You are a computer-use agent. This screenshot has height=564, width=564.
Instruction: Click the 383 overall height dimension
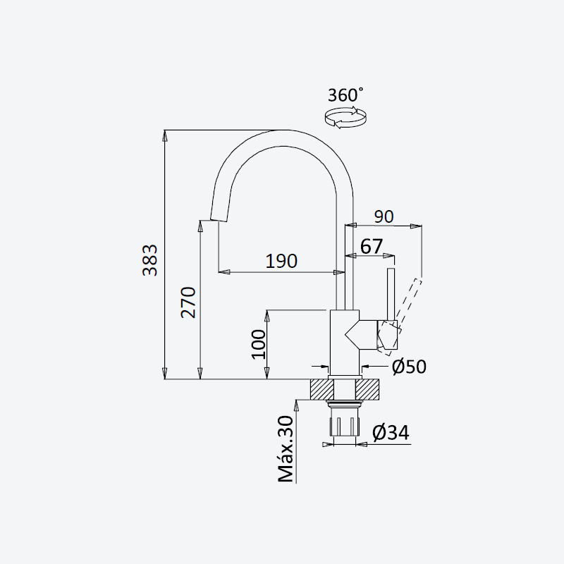150,260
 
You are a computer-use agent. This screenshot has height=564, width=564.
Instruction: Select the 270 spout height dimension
188,302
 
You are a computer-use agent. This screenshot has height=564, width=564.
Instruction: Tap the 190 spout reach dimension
281,261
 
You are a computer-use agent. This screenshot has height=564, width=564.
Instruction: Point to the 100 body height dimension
258,344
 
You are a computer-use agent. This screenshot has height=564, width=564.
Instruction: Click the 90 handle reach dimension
384,216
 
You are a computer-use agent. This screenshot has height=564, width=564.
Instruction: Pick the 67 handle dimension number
372,247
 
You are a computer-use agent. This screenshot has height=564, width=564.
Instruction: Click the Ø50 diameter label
409,367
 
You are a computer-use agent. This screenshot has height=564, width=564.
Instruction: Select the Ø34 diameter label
391,433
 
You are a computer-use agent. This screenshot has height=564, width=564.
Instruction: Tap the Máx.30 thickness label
286,449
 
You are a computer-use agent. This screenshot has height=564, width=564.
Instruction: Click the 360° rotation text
345,95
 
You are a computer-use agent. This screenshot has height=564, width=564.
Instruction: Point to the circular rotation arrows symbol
345,117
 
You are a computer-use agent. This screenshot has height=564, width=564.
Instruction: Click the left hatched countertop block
321,389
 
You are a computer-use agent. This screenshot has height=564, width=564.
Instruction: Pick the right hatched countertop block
367,389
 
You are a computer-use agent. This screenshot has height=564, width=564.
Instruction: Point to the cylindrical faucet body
345,343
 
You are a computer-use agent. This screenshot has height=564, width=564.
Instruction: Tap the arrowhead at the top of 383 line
165,135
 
